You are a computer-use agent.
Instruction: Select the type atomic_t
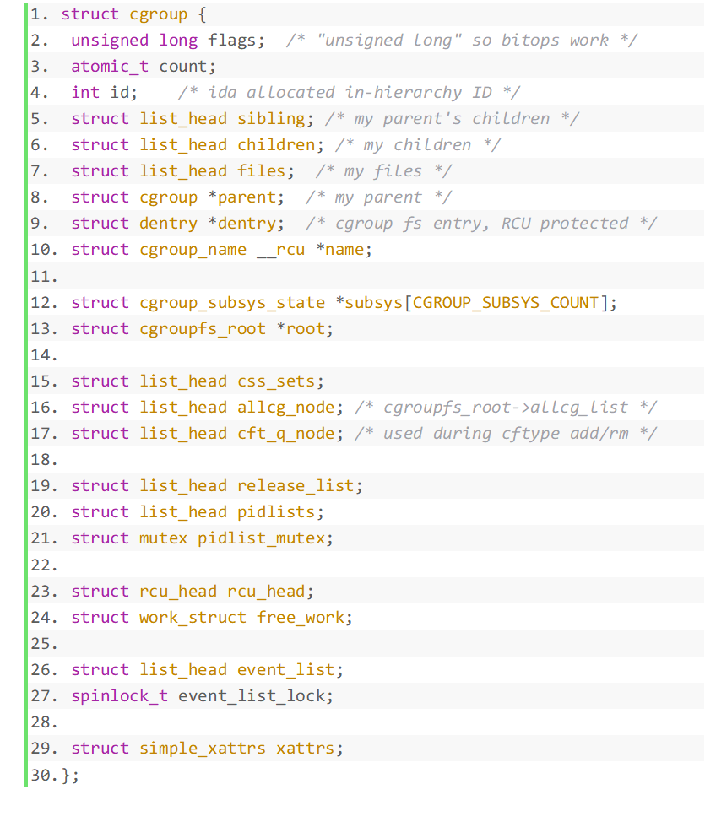110,67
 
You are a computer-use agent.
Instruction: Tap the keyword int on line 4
85,93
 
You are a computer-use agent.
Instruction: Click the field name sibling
272,119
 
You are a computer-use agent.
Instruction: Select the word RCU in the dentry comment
515,224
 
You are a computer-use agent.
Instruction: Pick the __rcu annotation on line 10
280,250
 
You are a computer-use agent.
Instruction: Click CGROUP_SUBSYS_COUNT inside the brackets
506,302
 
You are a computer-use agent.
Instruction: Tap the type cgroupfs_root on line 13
203,328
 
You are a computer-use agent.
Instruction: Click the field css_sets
276,381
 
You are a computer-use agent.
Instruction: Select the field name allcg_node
286,408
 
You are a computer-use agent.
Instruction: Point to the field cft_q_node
286,434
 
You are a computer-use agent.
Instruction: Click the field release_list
296,486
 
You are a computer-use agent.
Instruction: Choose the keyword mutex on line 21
164,538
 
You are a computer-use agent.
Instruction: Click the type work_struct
193,618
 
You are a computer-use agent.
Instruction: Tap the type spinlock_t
120,696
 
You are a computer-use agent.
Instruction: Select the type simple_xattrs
203,749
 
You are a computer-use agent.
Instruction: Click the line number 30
41,775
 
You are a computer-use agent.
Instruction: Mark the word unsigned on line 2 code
110,41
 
